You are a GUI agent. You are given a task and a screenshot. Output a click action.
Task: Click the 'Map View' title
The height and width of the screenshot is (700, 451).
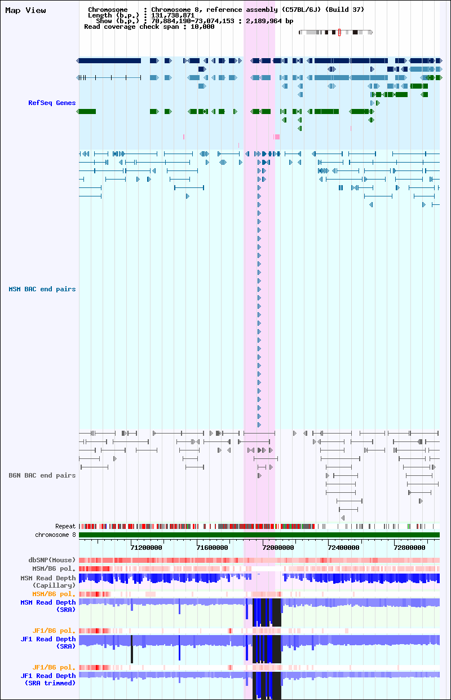[x=25, y=10]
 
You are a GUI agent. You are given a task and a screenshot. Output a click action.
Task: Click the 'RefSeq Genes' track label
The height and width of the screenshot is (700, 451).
[x=52, y=103]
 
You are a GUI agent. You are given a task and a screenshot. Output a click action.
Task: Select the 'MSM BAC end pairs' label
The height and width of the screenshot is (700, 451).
[x=42, y=289]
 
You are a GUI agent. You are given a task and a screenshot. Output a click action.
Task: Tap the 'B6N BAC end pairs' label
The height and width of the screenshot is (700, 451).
[x=42, y=475]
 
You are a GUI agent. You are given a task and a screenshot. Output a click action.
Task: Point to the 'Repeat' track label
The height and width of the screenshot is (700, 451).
[x=65, y=526]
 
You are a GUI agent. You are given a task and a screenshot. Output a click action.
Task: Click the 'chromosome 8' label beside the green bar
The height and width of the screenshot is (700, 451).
[x=56, y=535]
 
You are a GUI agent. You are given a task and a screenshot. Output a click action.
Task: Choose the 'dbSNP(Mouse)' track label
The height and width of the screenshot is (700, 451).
[x=52, y=560]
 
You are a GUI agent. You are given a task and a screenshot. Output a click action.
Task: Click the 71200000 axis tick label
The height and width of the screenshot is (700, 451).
[x=147, y=548]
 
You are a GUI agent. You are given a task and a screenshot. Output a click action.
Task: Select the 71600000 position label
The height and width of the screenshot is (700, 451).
[x=212, y=548]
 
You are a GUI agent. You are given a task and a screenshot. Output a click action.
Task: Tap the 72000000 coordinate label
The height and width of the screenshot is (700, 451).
[x=278, y=548]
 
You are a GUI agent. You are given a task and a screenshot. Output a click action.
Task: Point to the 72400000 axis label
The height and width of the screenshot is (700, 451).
[x=344, y=548]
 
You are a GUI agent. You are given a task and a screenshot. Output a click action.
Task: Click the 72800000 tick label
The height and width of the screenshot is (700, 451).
[x=409, y=548]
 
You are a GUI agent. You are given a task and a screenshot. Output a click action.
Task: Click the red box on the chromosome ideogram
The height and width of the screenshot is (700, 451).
[x=339, y=32]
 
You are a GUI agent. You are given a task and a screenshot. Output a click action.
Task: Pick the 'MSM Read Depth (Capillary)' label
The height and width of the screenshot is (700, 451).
[x=48, y=581]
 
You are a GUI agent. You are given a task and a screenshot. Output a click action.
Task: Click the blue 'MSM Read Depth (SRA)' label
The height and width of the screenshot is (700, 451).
[x=48, y=606]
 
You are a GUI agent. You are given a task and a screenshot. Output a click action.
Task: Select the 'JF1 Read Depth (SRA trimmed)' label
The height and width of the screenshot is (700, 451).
[x=48, y=679]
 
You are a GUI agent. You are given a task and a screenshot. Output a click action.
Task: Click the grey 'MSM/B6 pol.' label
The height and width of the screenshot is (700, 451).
[x=54, y=568]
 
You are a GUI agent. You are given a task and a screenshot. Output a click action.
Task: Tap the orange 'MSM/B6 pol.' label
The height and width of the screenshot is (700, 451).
[x=54, y=594]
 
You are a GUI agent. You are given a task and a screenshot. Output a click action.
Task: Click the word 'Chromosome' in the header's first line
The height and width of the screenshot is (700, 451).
[x=108, y=10]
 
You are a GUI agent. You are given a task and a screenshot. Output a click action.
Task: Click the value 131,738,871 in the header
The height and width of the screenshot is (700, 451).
[x=173, y=15]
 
